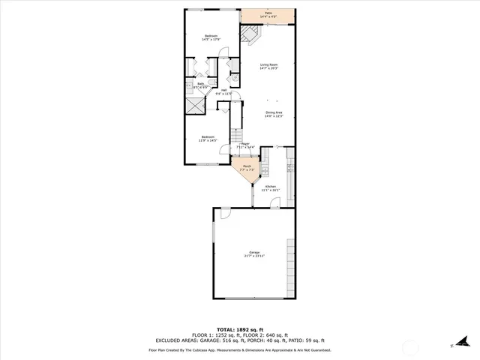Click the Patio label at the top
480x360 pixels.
coord(268,15)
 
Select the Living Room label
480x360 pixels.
coord(268,67)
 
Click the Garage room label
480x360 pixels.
coord(254,253)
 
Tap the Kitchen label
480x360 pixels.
coord(270,188)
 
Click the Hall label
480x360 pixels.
coord(225,91)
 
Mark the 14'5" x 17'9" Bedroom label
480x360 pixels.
coord(213,37)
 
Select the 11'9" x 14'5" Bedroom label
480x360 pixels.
coord(207,138)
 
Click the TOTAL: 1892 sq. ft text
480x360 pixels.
coord(240,329)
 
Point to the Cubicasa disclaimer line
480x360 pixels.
coord(240,349)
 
